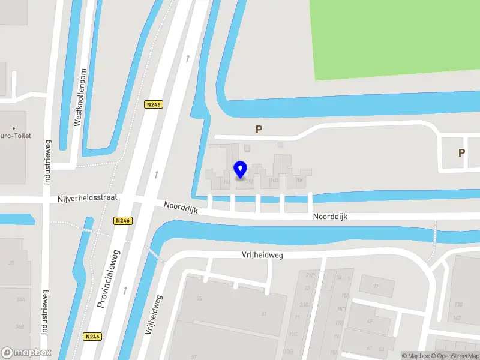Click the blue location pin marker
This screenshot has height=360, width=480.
click(241, 170)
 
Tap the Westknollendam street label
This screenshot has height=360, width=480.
click(77, 106)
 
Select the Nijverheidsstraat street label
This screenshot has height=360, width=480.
click(88, 197)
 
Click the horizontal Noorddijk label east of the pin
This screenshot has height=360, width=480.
click(330, 217)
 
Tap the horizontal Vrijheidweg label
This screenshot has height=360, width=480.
click(262, 255)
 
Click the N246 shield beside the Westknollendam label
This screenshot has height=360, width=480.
click(154, 104)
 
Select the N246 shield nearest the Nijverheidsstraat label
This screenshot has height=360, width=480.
click(122, 221)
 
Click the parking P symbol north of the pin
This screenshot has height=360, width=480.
click(259, 129)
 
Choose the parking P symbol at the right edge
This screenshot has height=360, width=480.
click(461, 152)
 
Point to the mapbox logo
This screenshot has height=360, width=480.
click(26, 352)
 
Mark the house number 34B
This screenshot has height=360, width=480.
click(20, 326)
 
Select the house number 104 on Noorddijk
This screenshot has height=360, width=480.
click(300, 179)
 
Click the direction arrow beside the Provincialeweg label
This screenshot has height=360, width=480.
click(125, 290)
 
